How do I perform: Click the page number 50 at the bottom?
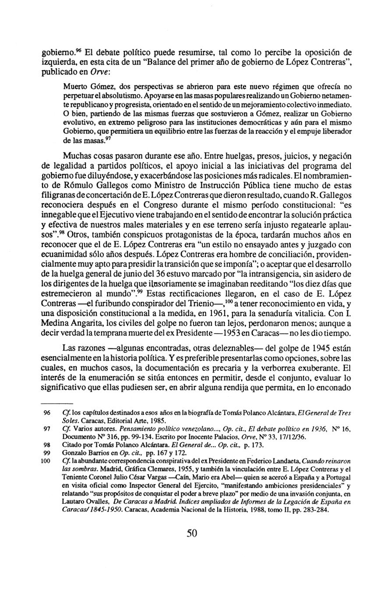click(192, 533)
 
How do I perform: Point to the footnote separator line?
click(57, 402)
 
